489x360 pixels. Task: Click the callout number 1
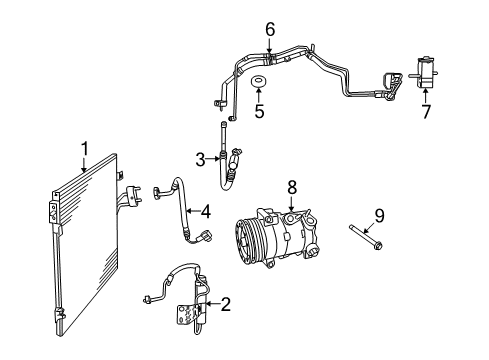pos(85,148)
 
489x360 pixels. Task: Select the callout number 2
pos(226,305)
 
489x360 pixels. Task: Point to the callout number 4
pos(204,211)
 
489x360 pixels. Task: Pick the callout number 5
pos(258,112)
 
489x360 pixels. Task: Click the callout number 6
pos(269,29)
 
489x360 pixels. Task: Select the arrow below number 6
pos(269,45)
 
